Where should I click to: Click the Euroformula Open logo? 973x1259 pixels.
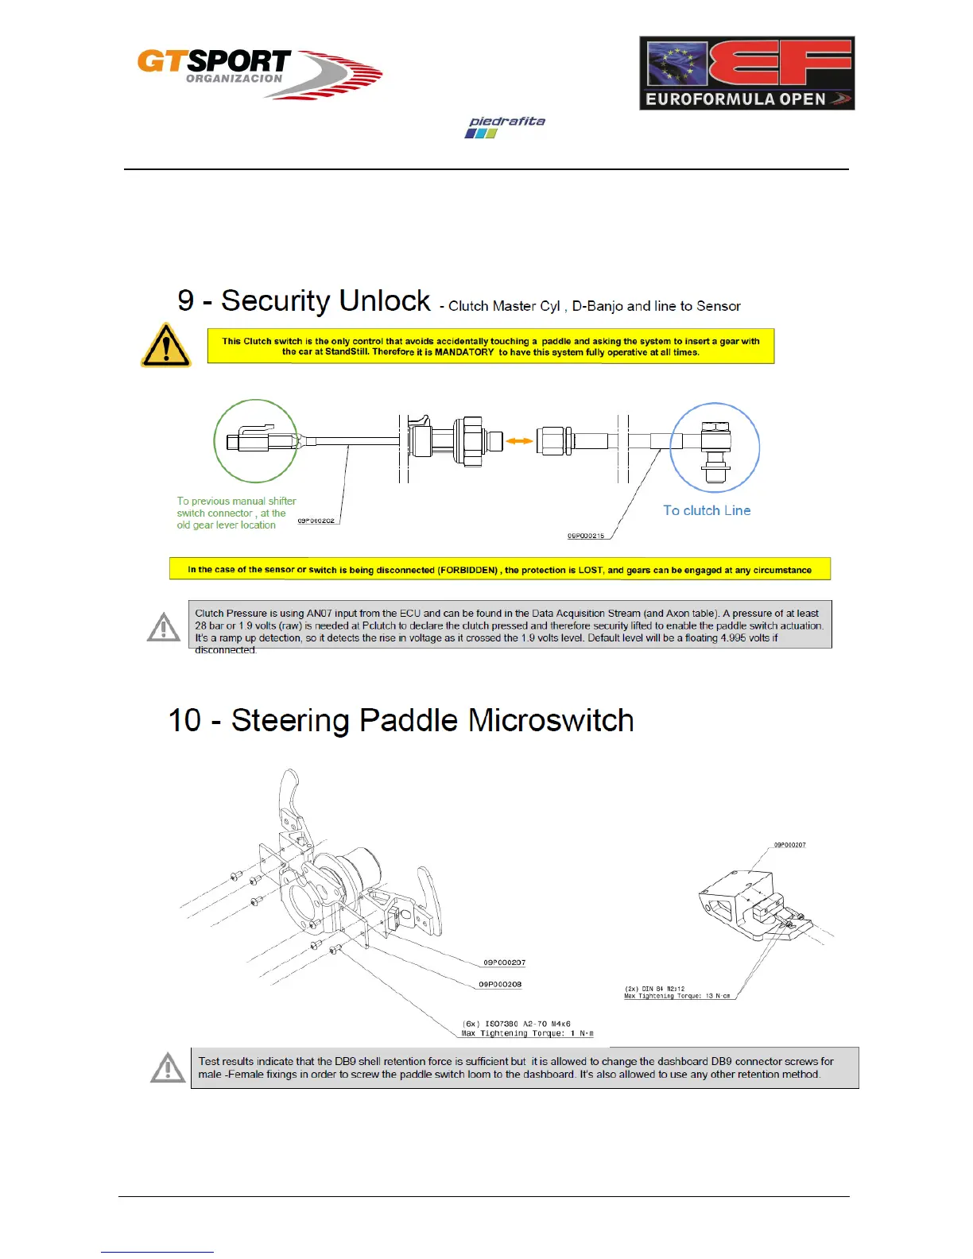point(746,73)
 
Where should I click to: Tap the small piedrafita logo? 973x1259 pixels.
point(506,126)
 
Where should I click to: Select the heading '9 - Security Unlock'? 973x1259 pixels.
point(304,301)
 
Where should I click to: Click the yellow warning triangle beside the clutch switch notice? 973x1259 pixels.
point(165,347)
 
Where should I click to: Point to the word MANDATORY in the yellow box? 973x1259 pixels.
point(463,352)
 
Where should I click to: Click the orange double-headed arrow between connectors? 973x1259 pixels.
point(520,440)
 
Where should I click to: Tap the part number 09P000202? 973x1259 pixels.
point(316,521)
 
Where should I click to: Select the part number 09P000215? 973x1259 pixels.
point(586,536)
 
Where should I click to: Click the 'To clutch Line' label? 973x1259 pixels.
point(707,510)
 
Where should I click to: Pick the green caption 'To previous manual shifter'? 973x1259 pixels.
point(236,502)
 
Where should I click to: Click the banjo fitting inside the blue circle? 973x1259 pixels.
point(715,448)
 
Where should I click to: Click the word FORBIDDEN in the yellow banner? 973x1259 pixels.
point(468,570)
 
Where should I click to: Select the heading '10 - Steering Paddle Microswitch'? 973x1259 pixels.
point(401,721)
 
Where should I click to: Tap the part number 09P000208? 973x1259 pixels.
point(500,985)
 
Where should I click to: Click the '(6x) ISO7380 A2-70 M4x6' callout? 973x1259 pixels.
point(517,1024)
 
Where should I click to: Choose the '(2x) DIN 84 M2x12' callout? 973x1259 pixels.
point(654,989)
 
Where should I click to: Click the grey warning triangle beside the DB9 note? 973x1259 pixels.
point(168,1068)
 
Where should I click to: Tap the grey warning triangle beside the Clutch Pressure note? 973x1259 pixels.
point(164,627)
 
